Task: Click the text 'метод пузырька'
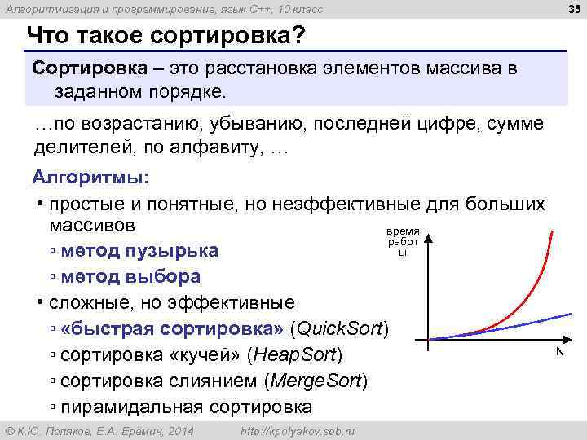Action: coord(139,250)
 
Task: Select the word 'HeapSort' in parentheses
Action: coord(293,355)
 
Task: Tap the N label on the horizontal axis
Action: coord(559,352)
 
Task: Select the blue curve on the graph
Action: coord(522,324)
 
